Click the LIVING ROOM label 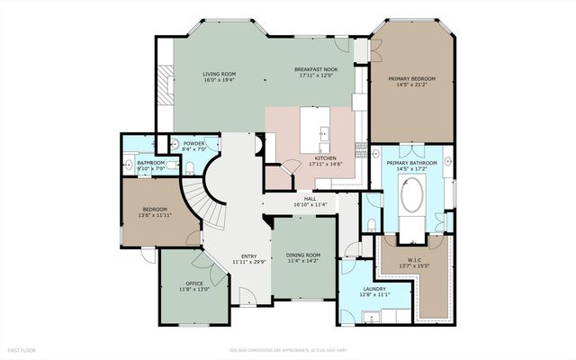pos(218,75)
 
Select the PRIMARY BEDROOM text pos(411,80)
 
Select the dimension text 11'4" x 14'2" pos(303,262)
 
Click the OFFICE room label pos(194,283)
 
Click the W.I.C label pos(411,259)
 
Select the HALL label pos(309,199)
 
